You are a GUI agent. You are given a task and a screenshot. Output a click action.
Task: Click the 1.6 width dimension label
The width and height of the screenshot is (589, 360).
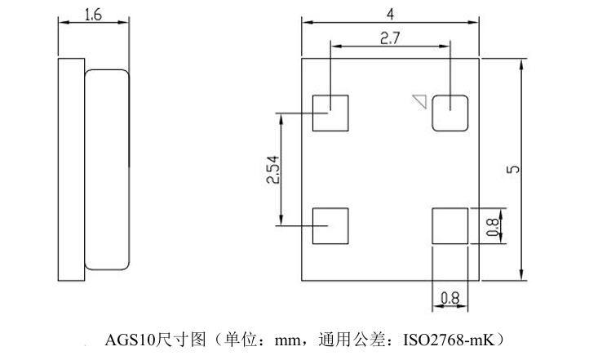point(93,15)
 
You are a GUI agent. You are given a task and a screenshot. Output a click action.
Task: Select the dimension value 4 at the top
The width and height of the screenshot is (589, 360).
point(390,14)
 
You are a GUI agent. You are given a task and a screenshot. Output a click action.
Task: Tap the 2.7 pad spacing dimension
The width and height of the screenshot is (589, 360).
point(390,38)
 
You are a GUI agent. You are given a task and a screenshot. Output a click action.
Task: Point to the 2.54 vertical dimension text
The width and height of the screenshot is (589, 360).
point(273,170)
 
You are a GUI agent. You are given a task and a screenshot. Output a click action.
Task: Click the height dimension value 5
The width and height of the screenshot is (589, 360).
point(513,169)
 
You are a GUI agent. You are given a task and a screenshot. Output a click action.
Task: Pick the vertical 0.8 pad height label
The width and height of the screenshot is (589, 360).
point(493,227)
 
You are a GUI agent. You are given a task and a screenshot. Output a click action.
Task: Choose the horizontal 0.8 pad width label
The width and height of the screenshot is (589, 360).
point(449,299)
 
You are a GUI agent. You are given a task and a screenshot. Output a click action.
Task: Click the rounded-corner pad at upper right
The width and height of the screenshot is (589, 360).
point(450,113)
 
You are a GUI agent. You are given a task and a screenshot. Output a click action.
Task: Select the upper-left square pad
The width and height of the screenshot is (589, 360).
point(330,113)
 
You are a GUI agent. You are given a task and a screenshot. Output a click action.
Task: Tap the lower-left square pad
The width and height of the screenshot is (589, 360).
point(330,226)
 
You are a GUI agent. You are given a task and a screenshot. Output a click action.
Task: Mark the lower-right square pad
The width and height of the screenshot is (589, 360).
point(450,226)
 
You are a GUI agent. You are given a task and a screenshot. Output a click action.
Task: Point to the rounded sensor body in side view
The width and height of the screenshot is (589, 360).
point(107,170)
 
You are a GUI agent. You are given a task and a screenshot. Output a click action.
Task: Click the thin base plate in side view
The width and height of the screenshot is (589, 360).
point(71,170)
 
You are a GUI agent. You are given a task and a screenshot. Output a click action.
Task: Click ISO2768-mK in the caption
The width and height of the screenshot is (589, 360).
point(449,340)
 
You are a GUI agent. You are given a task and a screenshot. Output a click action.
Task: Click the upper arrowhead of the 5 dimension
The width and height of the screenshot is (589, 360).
point(521,64)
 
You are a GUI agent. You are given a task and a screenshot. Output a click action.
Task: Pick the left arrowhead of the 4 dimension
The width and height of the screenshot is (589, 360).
point(308,22)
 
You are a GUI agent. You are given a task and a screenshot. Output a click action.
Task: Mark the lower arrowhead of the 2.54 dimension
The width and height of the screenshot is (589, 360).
point(281,220)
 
